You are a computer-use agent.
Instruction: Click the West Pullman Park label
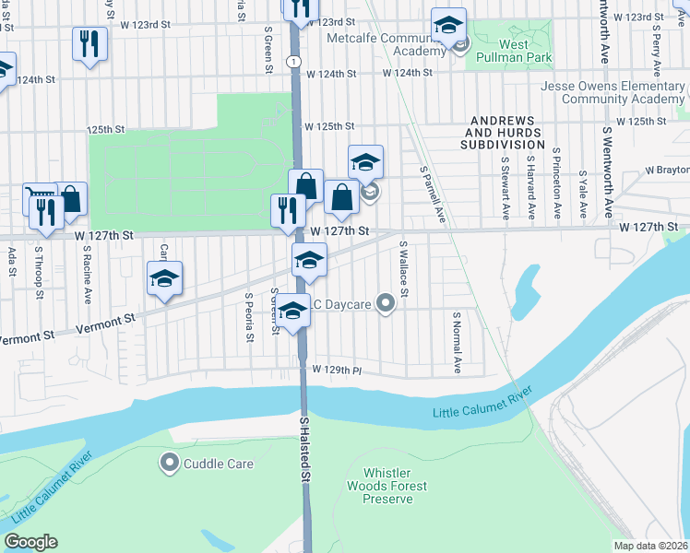(x=502, y=51)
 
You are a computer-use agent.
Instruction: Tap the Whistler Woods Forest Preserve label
(x=387, y=486)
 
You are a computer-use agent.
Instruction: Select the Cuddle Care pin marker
(x=169, y=464)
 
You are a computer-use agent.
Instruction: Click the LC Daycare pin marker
(x=386, y=301)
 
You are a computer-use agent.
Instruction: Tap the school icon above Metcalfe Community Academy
(x=448, y=25)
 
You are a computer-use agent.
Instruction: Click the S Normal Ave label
(x=457, y=341)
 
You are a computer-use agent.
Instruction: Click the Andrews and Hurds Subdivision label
(x=505, y=133)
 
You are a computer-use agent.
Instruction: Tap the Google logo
(x=30, y=542)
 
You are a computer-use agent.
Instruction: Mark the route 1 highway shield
(x=291, y=60)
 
